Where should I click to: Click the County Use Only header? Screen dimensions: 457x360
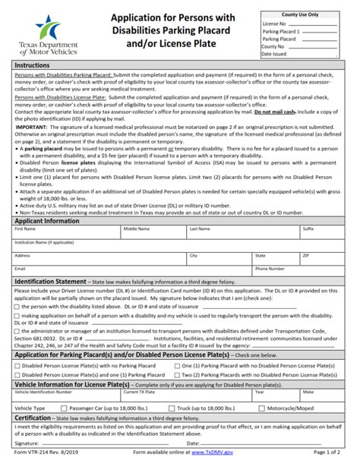tap(301, 14)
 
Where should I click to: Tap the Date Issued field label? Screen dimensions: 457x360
tap(275, 53)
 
